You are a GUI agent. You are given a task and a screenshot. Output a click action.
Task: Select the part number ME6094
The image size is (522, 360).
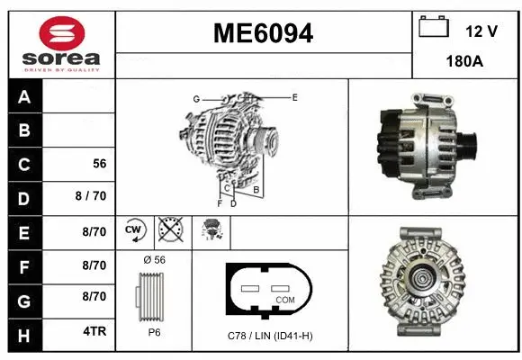[x=263, y=34]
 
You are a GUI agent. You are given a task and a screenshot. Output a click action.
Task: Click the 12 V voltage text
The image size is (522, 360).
[x=481, y=31]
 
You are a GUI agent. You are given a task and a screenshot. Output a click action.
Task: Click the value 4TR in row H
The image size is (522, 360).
[x=94, y=331]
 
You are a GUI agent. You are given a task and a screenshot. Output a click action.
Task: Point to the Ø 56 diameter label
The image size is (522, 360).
[x=154, y=259]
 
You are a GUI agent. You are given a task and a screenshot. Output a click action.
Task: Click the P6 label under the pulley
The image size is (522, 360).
[x=154, y=332]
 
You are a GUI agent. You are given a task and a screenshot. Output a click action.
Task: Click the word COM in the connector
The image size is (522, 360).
[x=285, y=300]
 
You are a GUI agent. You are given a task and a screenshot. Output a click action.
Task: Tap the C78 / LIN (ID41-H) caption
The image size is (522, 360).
[x=271, y=336]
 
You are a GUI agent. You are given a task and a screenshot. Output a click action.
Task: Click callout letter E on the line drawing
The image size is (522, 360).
[x=294, y=96]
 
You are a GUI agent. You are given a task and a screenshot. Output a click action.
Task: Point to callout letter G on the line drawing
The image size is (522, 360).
[x=195, y=98]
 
